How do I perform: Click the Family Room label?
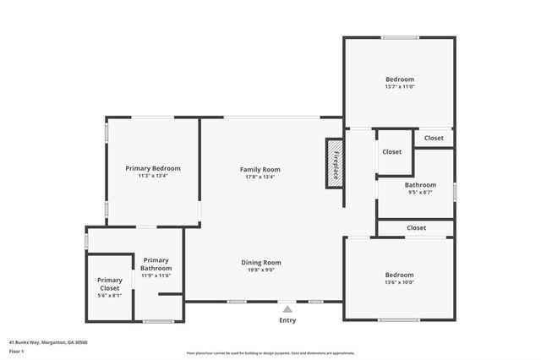260,170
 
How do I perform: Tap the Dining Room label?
260,263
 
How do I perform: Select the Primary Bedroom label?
153,168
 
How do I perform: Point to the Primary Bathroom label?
156,264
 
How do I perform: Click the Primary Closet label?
110,284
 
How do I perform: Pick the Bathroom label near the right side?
420,185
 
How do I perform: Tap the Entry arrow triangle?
287,309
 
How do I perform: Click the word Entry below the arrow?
287,321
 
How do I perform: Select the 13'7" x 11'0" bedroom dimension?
399,87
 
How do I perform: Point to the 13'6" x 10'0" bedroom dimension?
399,283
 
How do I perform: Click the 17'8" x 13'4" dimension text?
260,177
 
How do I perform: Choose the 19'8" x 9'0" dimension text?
260,270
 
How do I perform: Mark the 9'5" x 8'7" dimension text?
420,193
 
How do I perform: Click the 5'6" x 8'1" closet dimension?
110,296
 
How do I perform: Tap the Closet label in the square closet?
392,152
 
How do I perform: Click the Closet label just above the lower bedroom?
416,227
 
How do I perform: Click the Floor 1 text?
17,350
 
